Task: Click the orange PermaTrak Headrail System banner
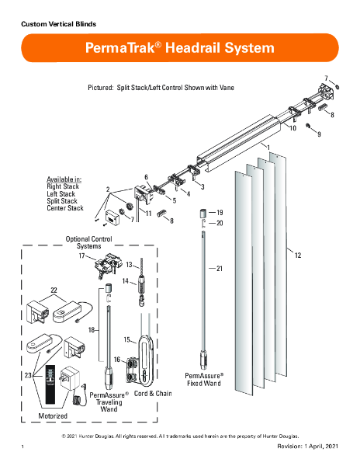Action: click(x=180, y=48)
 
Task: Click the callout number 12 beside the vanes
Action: click(x=298, y=256)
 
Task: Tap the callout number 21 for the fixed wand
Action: click(x=220, y=269)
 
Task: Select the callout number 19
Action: click(x=220, y=213)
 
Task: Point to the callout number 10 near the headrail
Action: click(x=293, y=128)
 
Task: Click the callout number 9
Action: click(x=319, y=134)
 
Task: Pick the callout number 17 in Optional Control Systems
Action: click(x=82, y=256)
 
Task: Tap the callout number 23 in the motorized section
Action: click(x=28, y=375)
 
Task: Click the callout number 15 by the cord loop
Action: click(x=127, y=339)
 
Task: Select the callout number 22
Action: click(x=54, y=290)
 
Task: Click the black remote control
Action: click(x=50, y=384)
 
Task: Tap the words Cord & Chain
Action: click(x=153, y=394)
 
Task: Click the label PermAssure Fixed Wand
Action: click(x=204, y=380)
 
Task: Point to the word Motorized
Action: click(x=53, y=416)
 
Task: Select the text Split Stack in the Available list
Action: click(x=62, y=201)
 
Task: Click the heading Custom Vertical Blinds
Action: click(x=58, y=24)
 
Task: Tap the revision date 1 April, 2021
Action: click(x=320, y=447)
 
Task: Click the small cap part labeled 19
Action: click(x=203, y=214)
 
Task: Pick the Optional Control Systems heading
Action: click(x=88, y=242)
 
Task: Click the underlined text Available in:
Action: click(x=64, y=179)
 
